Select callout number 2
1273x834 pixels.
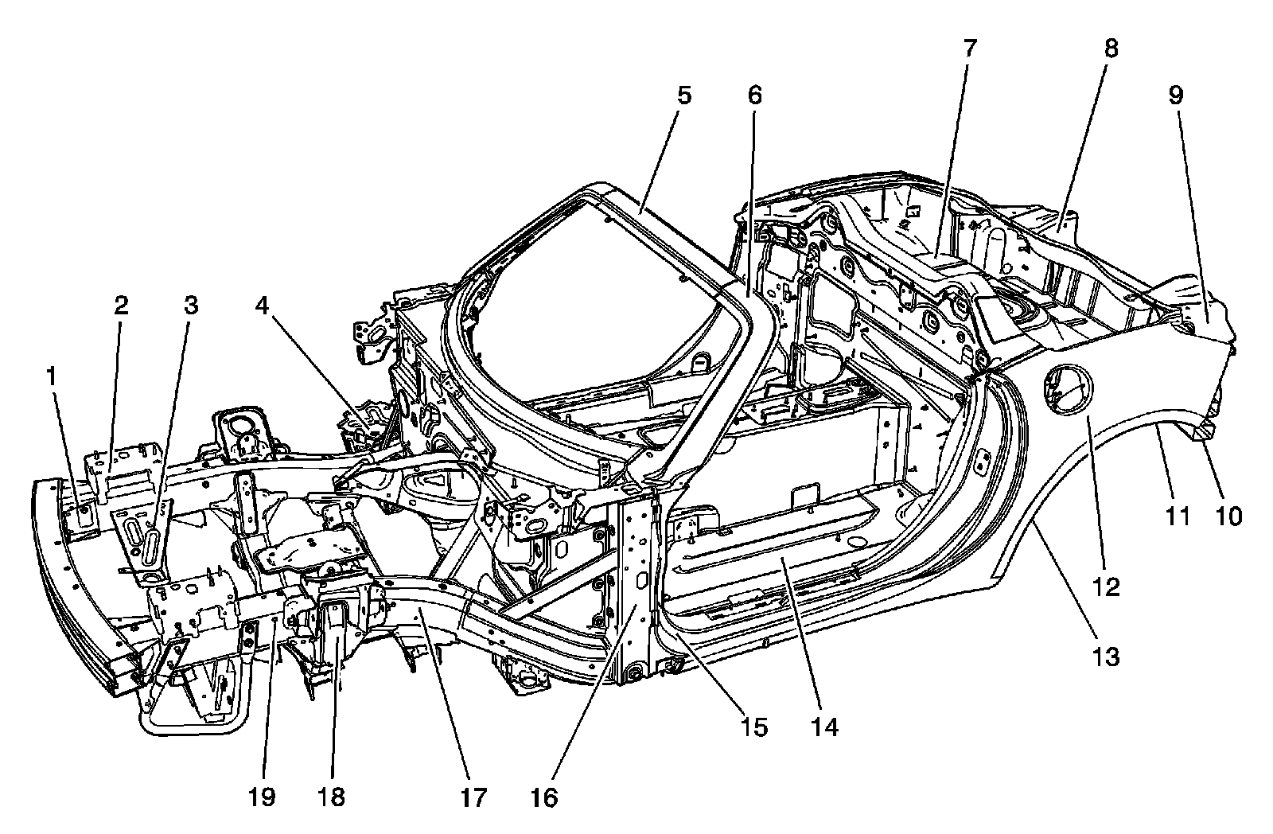pos(120,306)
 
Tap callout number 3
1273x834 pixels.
pos(190,306)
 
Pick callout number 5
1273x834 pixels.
pos(684,95)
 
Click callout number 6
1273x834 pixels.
pos(754,95)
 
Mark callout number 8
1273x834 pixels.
pos(1110,49)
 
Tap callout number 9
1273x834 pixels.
pos(1176,95)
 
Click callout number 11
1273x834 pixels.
pos(1177,517)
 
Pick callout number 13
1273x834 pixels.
pos(1107,657)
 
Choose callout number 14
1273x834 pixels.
pos(825,727)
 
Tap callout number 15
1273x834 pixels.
pos(753,727)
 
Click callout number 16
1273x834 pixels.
pos(545,797)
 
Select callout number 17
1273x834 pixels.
pos(473,797)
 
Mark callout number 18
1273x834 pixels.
pos(332,797)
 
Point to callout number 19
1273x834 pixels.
pos(262,797)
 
